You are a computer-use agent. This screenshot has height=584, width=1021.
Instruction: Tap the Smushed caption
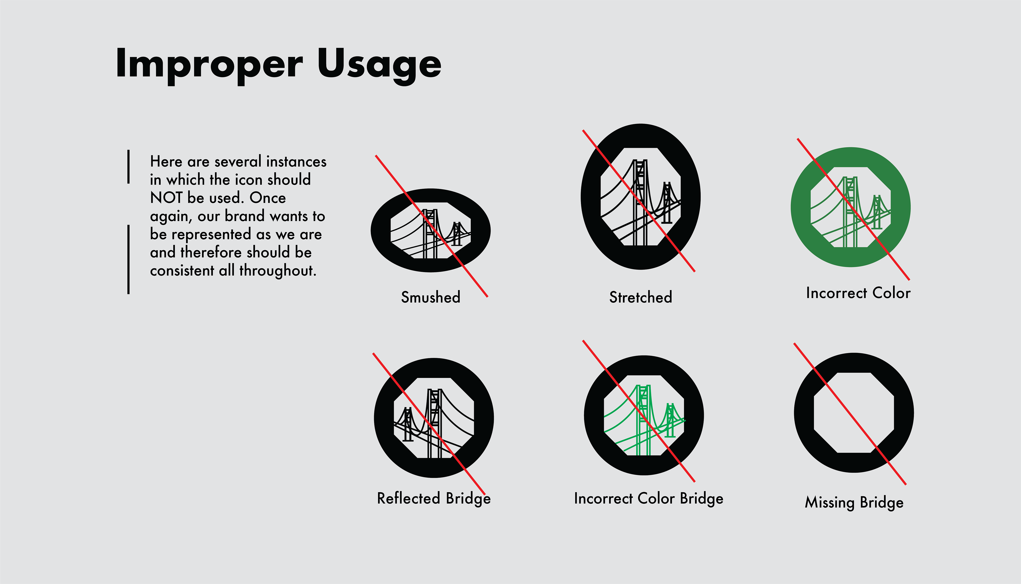pyautogui.click(x=431, y=297)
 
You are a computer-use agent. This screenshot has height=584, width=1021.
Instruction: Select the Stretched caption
pyautogui.click(x=641, y=297)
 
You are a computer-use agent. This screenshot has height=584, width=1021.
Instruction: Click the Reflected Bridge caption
pyautogui.click(x=434, y=499)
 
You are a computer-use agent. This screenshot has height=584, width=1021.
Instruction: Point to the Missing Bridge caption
pyautogui.click(x=854, y=503)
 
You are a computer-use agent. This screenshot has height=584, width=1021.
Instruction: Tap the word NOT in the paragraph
pyautogui.click(x=166, y=198)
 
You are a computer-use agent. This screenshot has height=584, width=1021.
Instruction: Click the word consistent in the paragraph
pyautogui.click(x=182, y=271)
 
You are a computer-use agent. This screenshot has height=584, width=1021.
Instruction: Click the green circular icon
pyautogui.click(x=851, y=207)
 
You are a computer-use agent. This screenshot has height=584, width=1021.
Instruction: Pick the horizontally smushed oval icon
pyautogui.click(x=431, y=230)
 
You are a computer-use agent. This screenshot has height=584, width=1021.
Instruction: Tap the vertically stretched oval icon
pyautogui.click(x=641, y=197)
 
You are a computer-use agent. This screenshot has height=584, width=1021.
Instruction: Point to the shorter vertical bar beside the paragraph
pyautogui.click(x=128, y=167)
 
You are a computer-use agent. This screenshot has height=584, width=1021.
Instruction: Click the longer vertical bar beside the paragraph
pyautogui.click(x=128, y=260)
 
